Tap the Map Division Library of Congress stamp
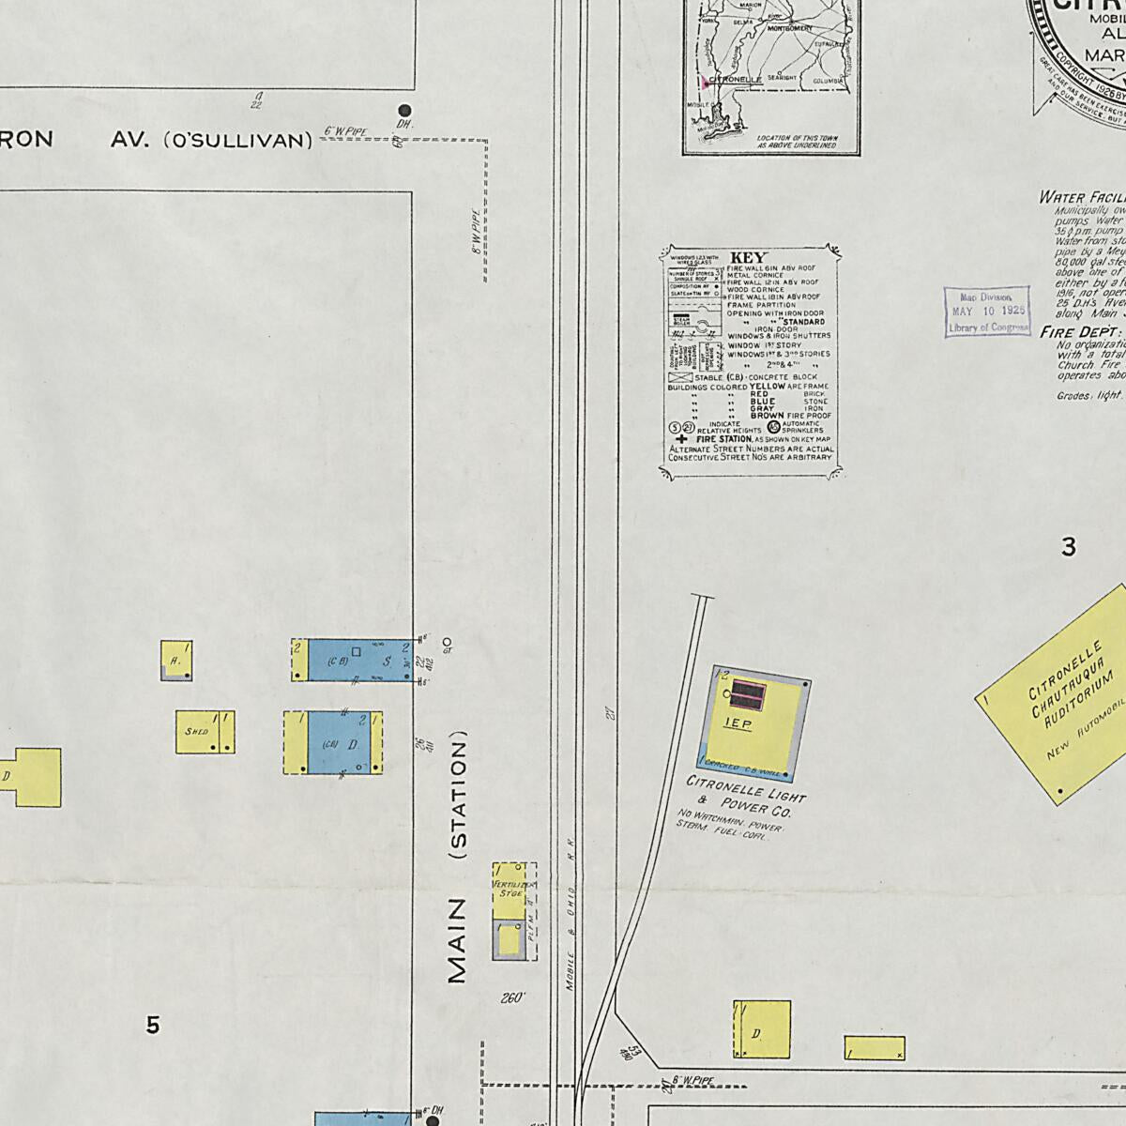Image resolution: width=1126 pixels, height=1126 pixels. pos(986,312)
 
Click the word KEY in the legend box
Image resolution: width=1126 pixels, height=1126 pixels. pos(749,258)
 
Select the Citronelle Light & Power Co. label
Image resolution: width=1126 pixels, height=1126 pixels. pos(746,794)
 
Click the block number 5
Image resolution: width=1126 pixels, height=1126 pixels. pos(153,1026)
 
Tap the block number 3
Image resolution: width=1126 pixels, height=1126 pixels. pos(1068,547)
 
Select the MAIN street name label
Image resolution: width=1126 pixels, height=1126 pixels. pos(457,940)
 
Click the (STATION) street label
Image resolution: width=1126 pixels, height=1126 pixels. pos(458,799)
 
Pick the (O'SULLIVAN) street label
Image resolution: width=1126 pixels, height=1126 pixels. pos(238,141)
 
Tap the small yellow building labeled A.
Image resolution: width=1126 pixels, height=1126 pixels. pos(176,661)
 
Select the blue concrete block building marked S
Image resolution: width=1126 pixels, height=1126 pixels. pos(360,660)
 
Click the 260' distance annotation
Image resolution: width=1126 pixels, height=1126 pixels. pos(512,998)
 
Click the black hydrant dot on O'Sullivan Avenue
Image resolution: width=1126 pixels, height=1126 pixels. pos(404,111)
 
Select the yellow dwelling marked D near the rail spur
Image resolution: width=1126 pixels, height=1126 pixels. pos(761,1029)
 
